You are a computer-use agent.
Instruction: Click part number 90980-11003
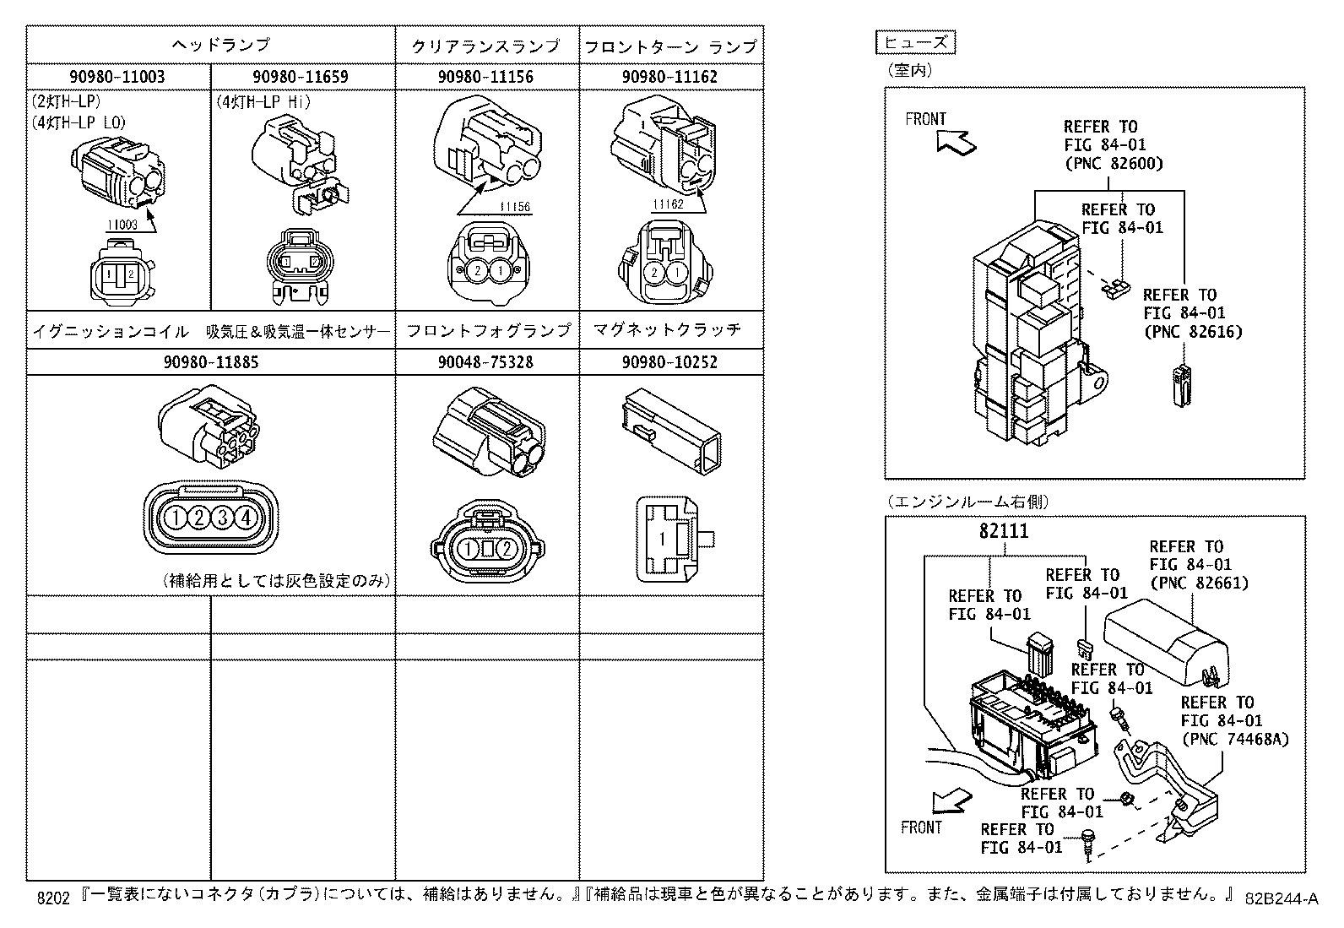[118, 77]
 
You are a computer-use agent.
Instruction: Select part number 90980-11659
[303, 77]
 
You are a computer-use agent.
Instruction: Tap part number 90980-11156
[487, 77]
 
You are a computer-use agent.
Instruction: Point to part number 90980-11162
[670, 77]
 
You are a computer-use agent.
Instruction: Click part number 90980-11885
[211, 362]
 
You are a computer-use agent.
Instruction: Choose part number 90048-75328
[487, 362]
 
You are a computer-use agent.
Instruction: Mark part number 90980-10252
[670, 362]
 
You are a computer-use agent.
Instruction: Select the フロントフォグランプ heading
[488, 330]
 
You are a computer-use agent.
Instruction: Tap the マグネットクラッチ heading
[667, 329]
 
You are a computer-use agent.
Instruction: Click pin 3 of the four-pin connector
[223, 518]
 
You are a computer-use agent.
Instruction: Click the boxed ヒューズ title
[916, 42]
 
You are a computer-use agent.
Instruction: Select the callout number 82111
[1004, 532]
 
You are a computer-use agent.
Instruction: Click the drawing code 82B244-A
[1282, 898]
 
